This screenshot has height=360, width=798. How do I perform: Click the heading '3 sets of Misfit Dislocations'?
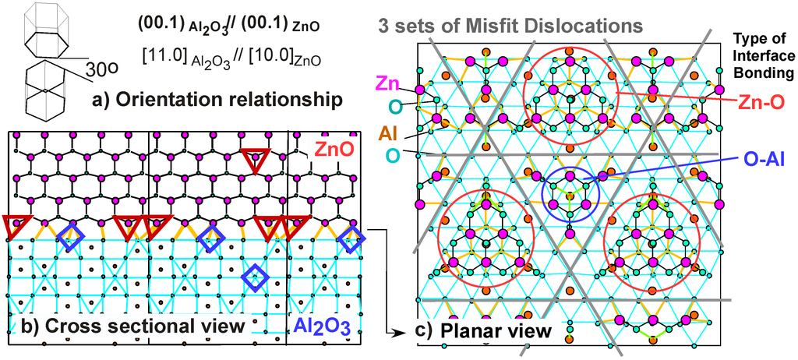tap(510, 25)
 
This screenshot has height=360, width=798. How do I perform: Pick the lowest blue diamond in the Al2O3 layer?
tap(254, 276)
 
